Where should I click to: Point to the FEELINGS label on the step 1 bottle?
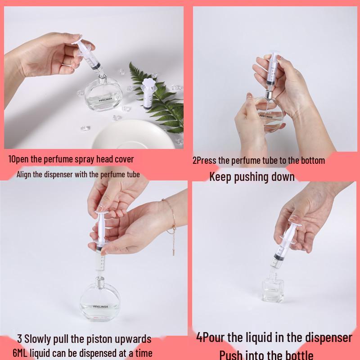pyautogui.click(x=105, y=99)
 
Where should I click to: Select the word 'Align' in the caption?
pyautogui.click(x=24, y=175)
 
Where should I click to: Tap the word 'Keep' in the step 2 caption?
pyautogui.click(x=220, y=177)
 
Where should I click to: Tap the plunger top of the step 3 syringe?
pyautogui.click(x=101, y=212)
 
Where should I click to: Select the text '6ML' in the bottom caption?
pyautogui.click(x=20, y=353)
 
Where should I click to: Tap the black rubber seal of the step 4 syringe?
pyautogui.click(x=278, y=256)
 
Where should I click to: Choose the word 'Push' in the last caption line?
pyautogui.click(x=230, y=355)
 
